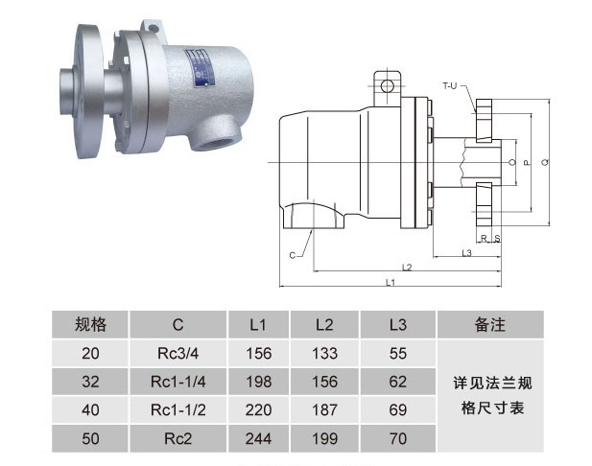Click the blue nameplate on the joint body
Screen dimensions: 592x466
point(201,68)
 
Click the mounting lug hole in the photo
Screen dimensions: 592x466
point(153,29)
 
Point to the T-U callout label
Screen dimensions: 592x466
point(449,86)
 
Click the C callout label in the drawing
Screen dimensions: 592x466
point(293,255)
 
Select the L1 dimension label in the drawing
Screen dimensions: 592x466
point(391,282)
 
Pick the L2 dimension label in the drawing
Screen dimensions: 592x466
point(407,268)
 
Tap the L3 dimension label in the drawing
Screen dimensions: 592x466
point(467,253)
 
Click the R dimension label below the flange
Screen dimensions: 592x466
point(484,239)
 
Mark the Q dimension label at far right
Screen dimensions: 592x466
point(545,162)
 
